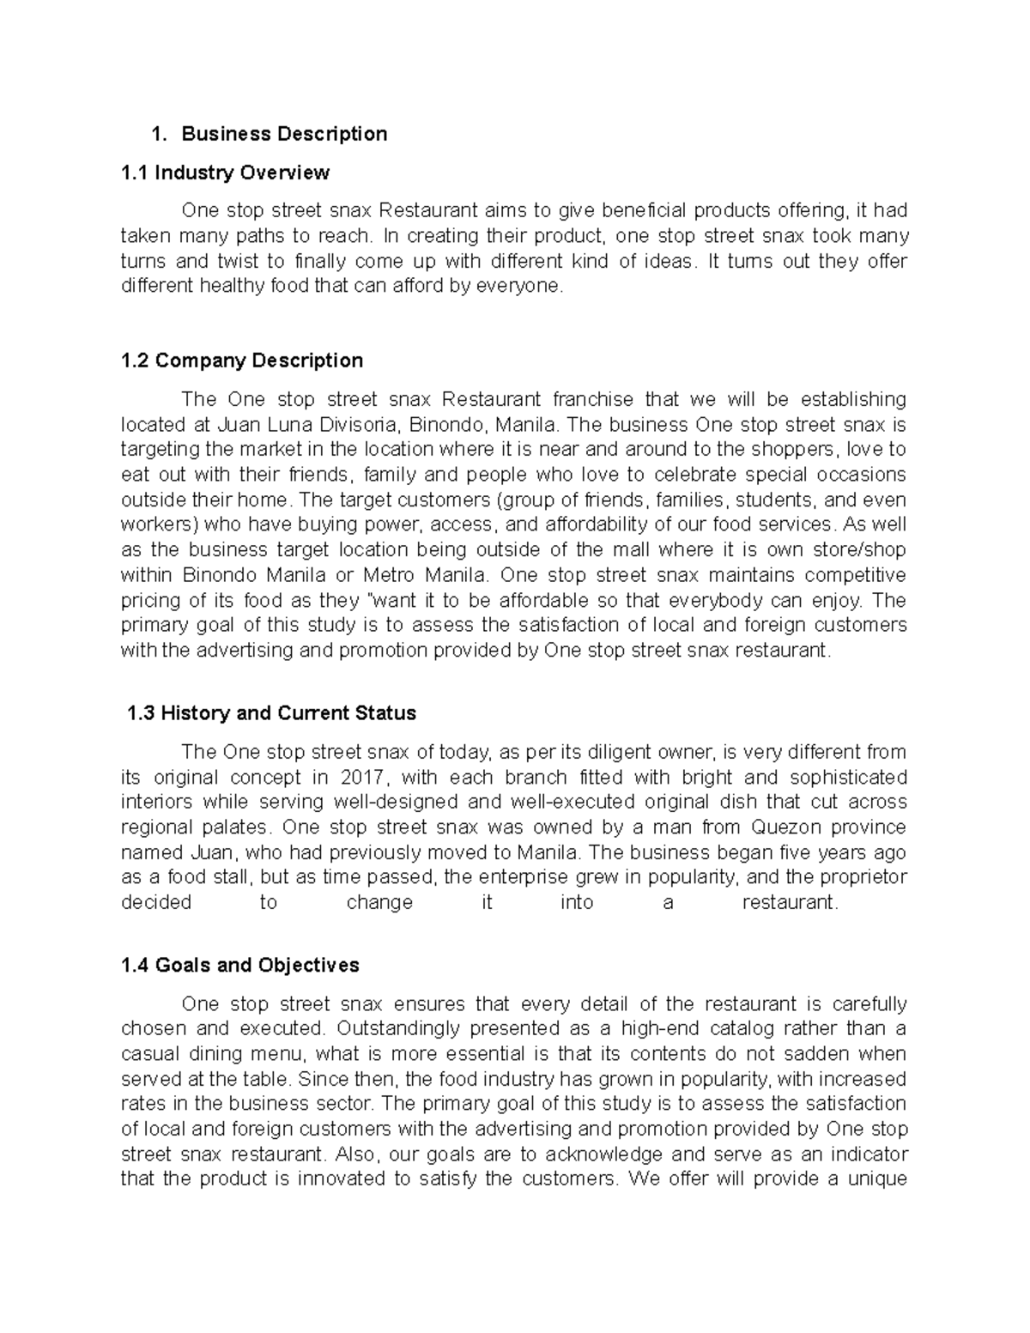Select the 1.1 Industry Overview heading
(225, 173)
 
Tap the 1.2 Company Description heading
(242, 361)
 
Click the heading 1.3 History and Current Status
(270, 713)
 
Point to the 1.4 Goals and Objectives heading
(240, 966)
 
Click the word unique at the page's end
(877, 1179)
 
